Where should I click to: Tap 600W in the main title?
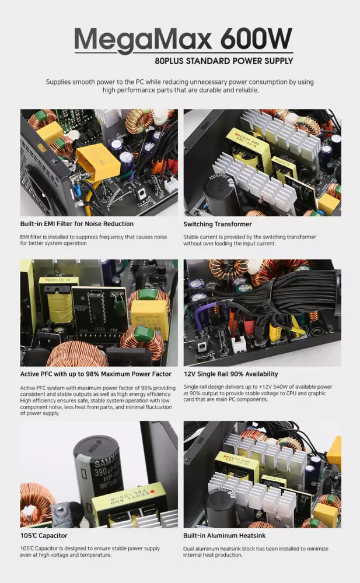coord(257,38)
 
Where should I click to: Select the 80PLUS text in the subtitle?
coord(169,61)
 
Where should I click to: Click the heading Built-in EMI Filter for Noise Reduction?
coord(76,224)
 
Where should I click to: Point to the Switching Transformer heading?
coord(218,224)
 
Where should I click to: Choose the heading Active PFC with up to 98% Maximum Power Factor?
coord(96,374)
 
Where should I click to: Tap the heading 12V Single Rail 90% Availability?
coord(230,374)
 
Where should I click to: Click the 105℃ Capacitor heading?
coord(44,536)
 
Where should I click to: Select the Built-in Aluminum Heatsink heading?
coord(225,536)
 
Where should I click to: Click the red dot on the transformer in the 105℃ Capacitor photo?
coord(152,492)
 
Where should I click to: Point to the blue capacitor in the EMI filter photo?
coord(78,189)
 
